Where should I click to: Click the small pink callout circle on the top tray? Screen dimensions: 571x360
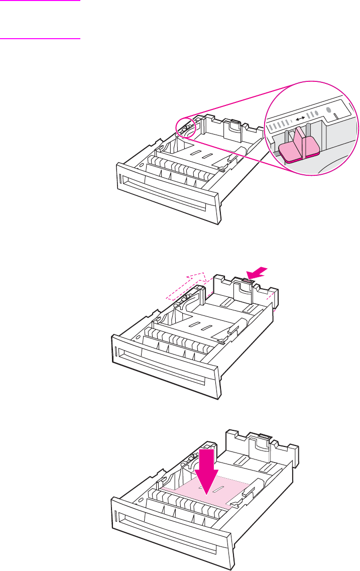pyautogui.click(x=185, y=128)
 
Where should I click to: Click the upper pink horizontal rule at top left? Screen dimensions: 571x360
pyautogui.click(x=40, y=1)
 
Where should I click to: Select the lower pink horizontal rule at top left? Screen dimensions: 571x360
pyautogui.click(x=40, y=38)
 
